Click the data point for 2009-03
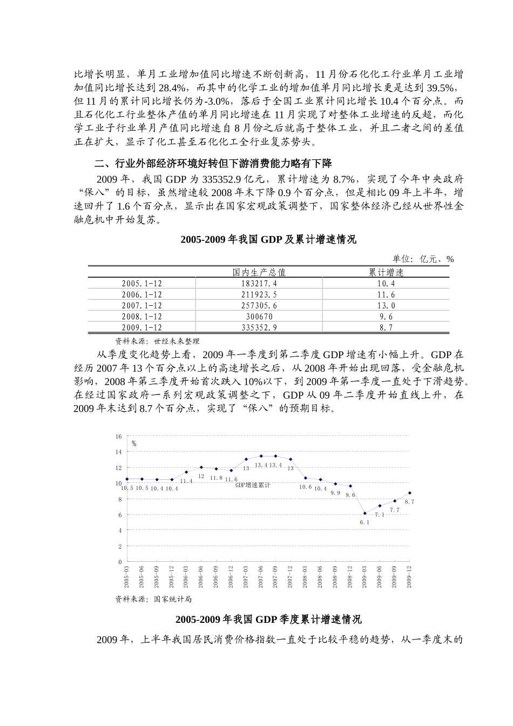tap(365, 513)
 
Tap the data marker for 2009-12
tap(409, 493)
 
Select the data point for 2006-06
tap(201, 467)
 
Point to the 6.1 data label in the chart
tap(365, 523)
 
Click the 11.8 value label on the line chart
tap(216, 478)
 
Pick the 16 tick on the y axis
tap(119, 436)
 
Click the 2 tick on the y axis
tap(120, 547)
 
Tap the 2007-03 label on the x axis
tap(246, 577)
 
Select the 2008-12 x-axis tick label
tap(350, 577)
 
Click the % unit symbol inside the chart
tap(133, 444)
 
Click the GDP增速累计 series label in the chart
tap(253, 485)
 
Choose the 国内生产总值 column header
tap(259, 272)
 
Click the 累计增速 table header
tap(386, 272)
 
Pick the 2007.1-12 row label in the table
tap(142, 306)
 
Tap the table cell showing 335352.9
tap(259, 327)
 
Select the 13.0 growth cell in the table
tap(386, 306)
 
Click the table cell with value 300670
tap(259, 317)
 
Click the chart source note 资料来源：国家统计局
tap(153, 599)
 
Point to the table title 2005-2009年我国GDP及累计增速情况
tap(268, 240)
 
